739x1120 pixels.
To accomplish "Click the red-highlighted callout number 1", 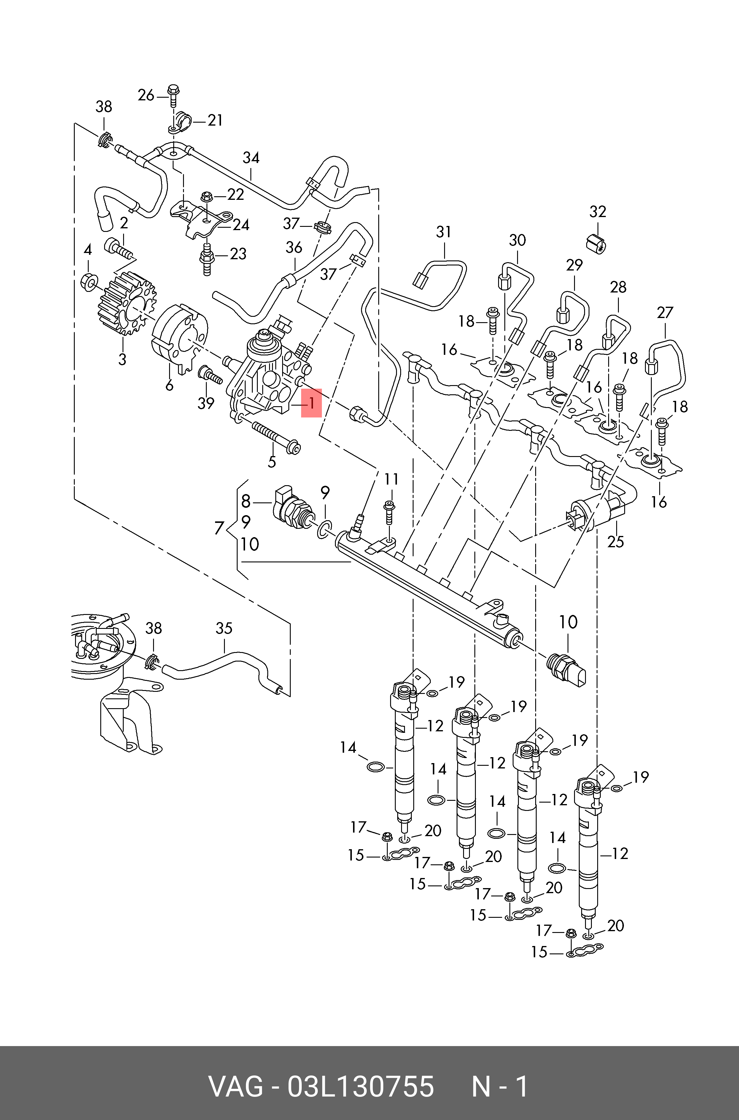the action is pyautogui.click(x=312, y=403).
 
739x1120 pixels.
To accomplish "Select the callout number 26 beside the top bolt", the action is pyautogui.click(x=146, y=95).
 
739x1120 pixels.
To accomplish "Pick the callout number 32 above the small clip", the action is pyautogui.click(x=597, y=212).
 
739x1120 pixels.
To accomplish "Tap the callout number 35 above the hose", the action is pyautogui.click(x=224, y=628).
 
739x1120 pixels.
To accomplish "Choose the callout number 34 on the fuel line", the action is pyautogui.click(x=251, y=158).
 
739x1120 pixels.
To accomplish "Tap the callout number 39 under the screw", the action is pyautogui.click(x=206, y=403).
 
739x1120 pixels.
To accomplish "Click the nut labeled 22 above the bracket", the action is pyautogui.click(x=206, y=196).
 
